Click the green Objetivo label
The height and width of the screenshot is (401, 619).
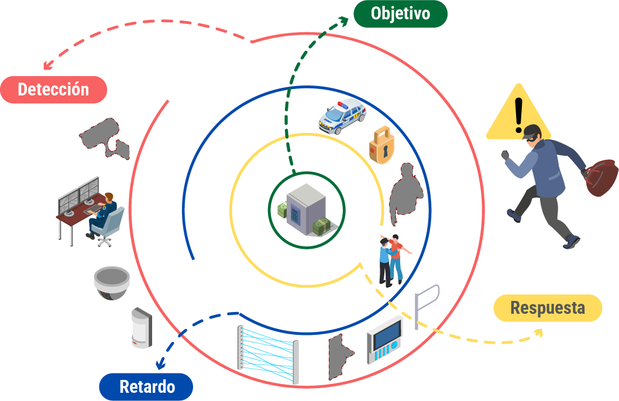(x=400, y=13)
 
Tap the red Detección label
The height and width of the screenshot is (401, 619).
(x=53, y=90)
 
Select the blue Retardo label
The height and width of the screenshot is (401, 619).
(x=146, y=386)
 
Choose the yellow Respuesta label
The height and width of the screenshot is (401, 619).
(x=547, y=308)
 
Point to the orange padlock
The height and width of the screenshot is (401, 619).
(x=382, y=145)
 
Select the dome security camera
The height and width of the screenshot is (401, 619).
(x=111, y=283)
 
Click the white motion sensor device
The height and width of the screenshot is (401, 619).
(x=141, y=328)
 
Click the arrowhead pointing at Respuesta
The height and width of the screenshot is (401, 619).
(x=538, y=333)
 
